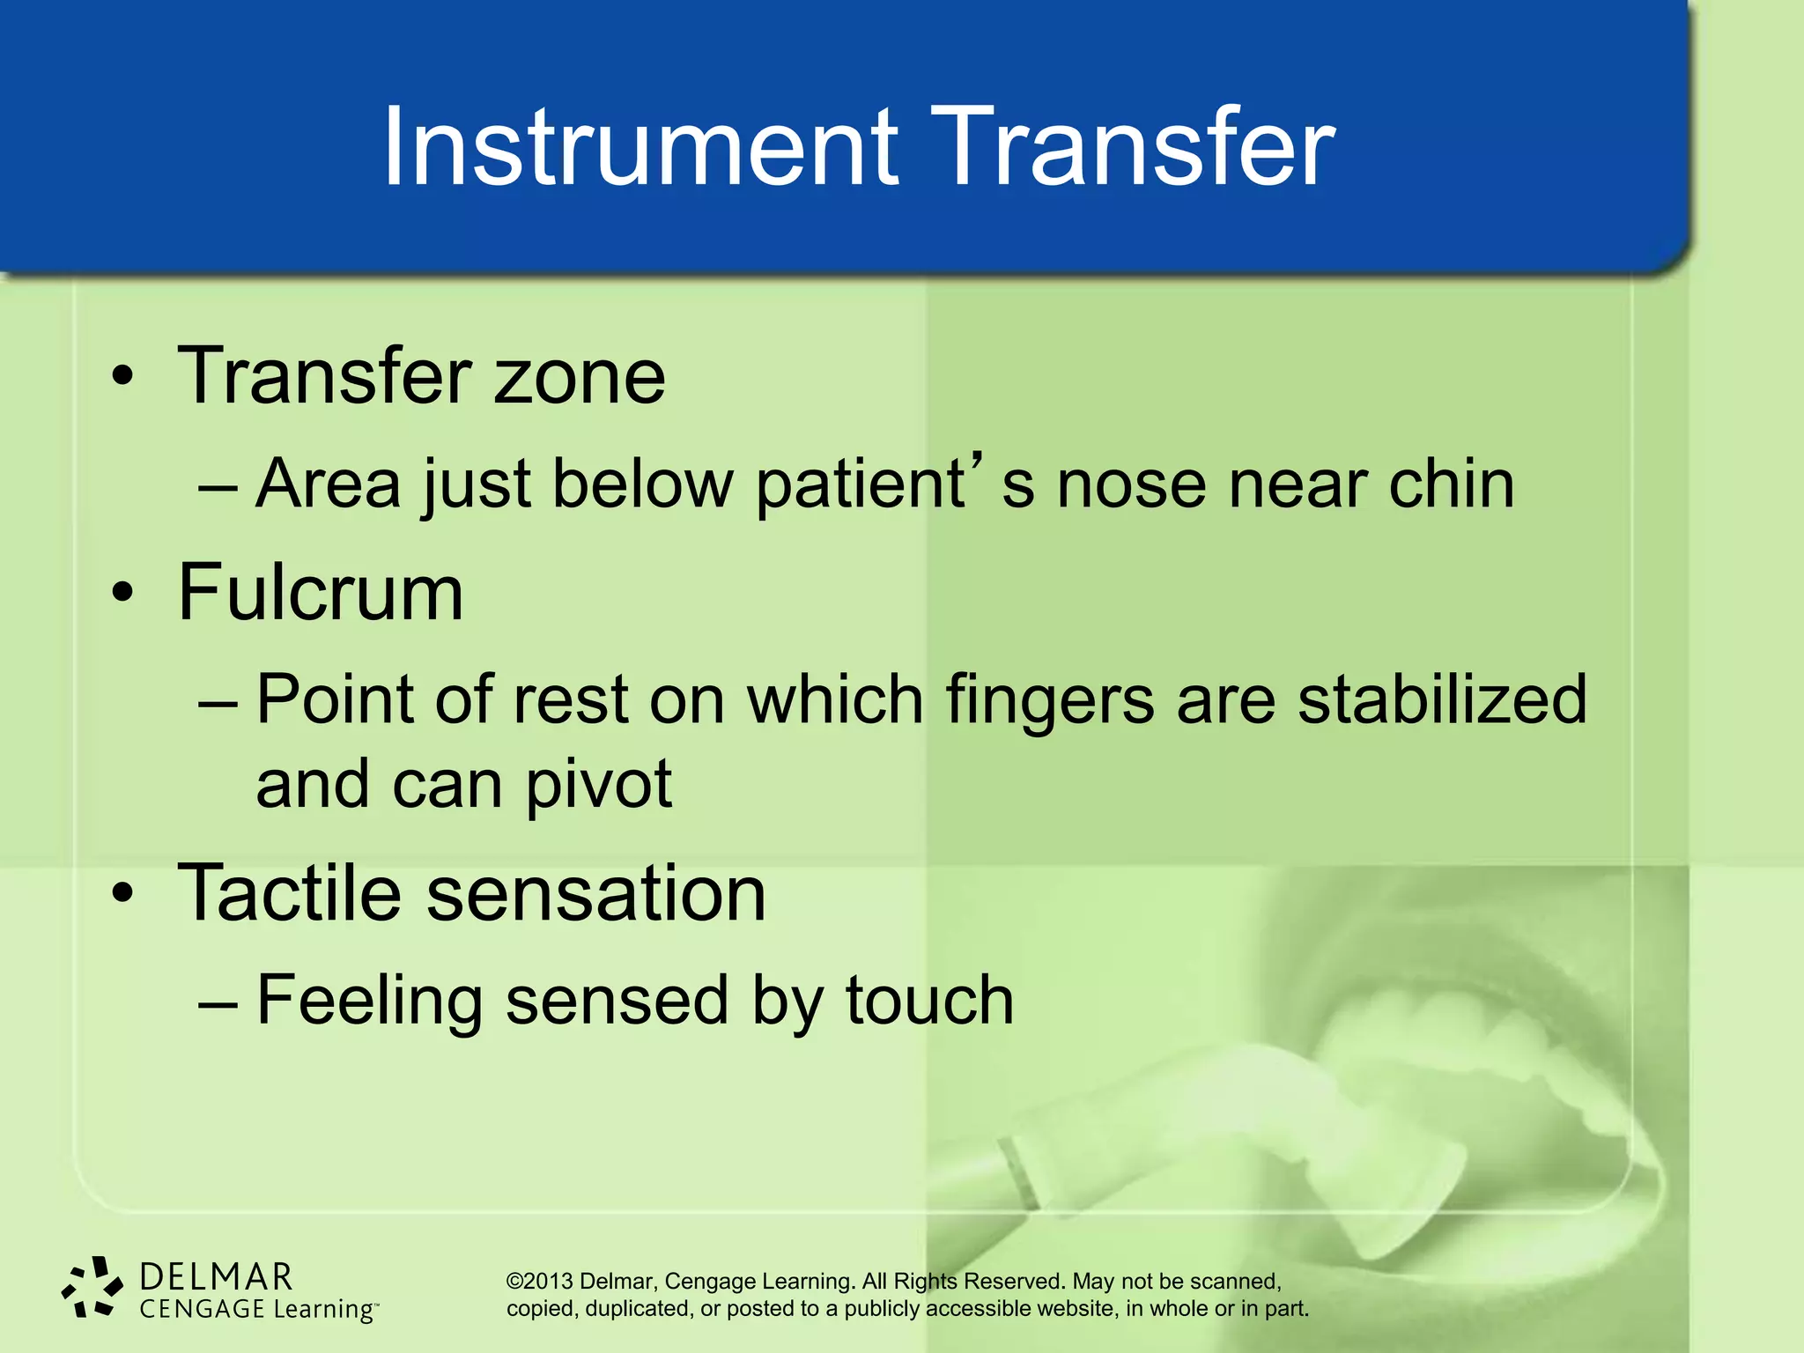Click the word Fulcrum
tap(321, 593)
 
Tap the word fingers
tap(1049, 700)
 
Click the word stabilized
tap(1442, 700)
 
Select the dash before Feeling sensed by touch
tap(218, 1002)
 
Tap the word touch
tap(928, 1002)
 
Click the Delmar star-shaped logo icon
tap(92, 1288)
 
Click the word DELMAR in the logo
tap(216, 1277)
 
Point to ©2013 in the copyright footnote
tap(539, 1282)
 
